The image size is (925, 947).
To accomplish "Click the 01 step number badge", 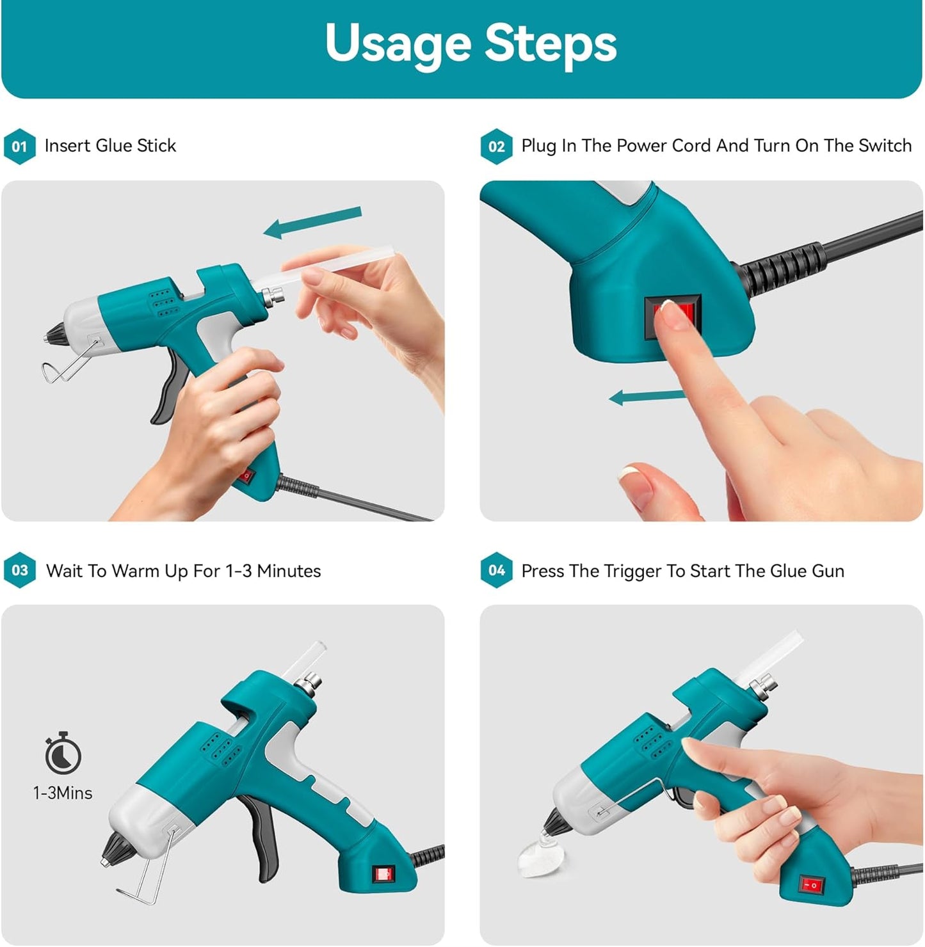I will point(19,147).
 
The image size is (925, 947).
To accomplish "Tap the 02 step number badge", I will point(496,147).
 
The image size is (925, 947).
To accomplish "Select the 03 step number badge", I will point(19,570).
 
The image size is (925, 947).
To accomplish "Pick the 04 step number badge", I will point(496,570).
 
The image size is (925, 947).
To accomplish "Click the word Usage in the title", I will point(398,44).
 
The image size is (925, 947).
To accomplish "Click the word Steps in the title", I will point(550,44).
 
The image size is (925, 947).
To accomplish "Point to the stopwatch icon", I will point(63,753).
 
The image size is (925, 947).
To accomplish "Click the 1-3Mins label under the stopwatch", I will point(63,793).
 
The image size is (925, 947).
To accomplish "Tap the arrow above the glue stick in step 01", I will point(313,222).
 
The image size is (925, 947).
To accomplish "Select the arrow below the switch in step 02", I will point(647,397).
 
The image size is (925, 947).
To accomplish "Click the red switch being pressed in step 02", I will point(672,315).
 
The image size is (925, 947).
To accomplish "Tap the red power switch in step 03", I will point(383,874).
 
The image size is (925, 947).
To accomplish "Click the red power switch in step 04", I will point(810,886).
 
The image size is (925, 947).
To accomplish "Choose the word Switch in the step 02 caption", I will point(885,146).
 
